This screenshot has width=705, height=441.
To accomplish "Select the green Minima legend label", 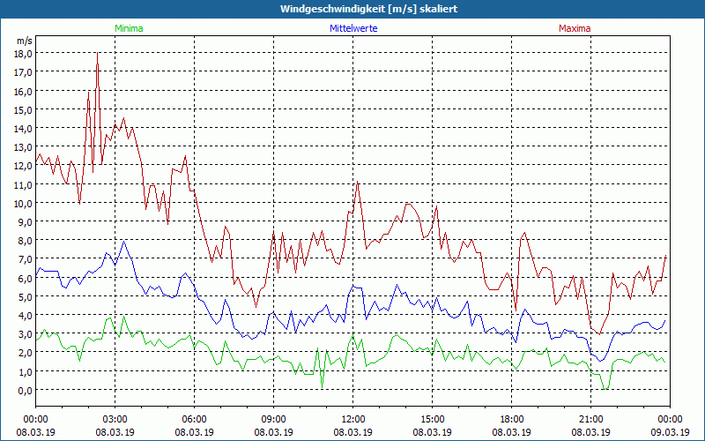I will click(128, 28).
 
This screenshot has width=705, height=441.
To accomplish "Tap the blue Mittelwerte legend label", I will click(352, 28).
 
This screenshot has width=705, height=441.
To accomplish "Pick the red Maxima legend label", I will click(575, 28).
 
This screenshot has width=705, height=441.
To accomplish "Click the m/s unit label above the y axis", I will click(24, 41).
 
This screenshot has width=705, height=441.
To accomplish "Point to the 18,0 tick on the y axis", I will click(23, 53).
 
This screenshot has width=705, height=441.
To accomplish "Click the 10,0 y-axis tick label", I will click(23, 203).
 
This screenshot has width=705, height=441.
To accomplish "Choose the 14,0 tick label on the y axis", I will click(23, 128).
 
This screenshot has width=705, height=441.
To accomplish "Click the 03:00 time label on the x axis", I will click(115, 419).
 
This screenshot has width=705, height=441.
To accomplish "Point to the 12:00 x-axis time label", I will click(352, 419).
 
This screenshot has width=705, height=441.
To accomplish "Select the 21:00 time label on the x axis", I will click(590, 419).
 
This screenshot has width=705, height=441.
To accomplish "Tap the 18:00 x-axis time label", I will click(511, 419).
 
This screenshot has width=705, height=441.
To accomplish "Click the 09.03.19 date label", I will click(670, 432).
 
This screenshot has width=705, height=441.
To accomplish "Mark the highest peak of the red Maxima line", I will click(97, 53).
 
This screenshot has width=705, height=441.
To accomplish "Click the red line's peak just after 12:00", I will click(357, 182).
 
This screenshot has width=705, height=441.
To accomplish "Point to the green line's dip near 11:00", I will click(323, 386).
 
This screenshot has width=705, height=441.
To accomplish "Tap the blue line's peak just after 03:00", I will click(124, 241).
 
